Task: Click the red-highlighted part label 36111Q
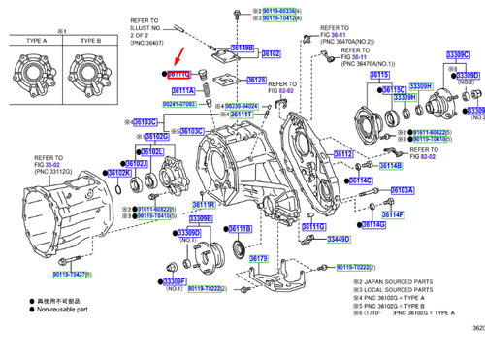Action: [180, 74]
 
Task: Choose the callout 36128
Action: [256, 81]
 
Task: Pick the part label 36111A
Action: [183, 90]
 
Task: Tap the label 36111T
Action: [241, 114]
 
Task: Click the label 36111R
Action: [203, 205]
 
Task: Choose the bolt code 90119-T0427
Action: [69, 275]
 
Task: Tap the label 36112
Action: [344, 154]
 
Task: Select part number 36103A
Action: [403, 190]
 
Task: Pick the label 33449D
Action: [337, 238]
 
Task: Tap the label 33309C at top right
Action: [459, 54]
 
